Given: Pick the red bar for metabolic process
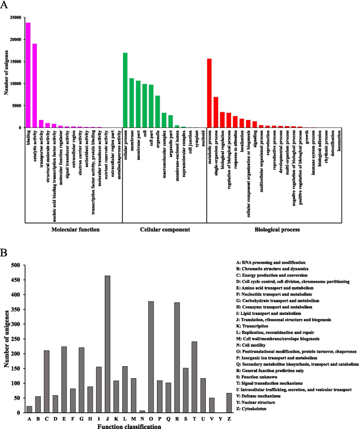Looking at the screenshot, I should (x=209, y=93).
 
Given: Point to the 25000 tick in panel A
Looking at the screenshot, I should (x=17, y=18).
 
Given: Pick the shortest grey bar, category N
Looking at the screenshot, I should (x=142, y=411).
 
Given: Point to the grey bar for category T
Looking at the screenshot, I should (x=194, y=377).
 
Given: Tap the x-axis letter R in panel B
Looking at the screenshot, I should (x=177, y=419).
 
